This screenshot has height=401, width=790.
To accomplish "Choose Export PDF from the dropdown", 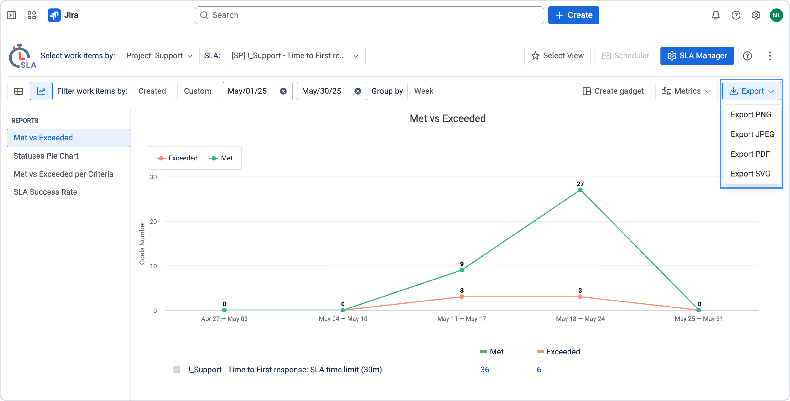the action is [x=750, y=154].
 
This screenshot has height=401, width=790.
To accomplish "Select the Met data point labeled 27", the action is [x=580, y=190].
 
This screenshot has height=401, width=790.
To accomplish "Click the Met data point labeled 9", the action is [x=462, y=270].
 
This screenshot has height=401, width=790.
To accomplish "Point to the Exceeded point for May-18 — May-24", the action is [x=580, y=297].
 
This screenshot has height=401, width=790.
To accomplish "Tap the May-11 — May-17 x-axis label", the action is [x=462, y=319].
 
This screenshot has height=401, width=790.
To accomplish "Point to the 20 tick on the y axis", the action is [x=153, y=221].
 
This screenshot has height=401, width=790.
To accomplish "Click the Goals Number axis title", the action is [x=142, y=243].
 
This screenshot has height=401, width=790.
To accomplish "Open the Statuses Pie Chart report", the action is [x=46, y=156].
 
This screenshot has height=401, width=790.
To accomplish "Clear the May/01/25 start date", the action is [x=283, y=91].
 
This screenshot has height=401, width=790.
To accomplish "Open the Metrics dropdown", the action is [x=686, y=91].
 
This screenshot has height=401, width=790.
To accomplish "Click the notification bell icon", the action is [x=716, y=15].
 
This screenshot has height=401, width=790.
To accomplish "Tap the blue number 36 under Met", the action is [x=485, y=370].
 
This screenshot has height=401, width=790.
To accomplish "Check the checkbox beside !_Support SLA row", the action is [x=177, y=370].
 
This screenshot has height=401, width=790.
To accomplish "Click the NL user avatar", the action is [x=776, y=15].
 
